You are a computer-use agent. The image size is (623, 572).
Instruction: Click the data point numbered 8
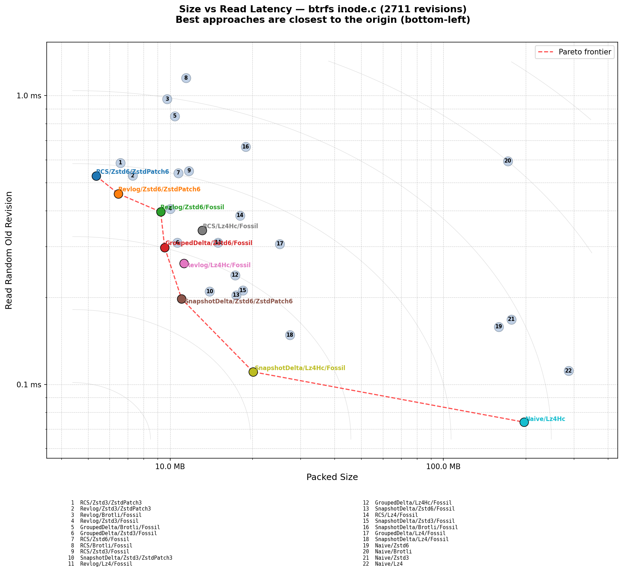[186, 78]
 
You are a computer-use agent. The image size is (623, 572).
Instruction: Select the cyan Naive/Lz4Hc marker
[524, 422]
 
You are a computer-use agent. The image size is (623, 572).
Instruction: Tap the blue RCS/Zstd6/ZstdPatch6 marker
[96, 176]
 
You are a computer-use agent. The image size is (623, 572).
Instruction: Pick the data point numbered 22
[569, 371]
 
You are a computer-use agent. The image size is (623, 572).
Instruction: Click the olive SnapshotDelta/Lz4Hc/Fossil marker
[253, 372]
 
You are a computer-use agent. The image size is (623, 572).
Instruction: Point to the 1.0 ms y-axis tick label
[29, 96]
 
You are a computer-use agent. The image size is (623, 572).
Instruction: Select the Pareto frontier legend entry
[575, 52]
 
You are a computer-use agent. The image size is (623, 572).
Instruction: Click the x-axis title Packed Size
[332, 477]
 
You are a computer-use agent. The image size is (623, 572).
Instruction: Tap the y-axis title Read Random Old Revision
[9, 250]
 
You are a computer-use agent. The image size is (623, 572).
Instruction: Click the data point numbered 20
[508, 161]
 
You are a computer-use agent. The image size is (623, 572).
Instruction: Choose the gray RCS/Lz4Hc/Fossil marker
[202, 230]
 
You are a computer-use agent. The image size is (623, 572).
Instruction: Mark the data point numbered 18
[290, 335]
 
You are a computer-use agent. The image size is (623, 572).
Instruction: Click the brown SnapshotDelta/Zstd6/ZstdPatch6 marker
[181, 299]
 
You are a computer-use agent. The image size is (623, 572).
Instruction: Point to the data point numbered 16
[246, 147]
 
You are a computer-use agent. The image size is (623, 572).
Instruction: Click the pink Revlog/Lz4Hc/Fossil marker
[184, 263]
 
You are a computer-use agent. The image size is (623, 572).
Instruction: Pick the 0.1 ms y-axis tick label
[29, 385]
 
